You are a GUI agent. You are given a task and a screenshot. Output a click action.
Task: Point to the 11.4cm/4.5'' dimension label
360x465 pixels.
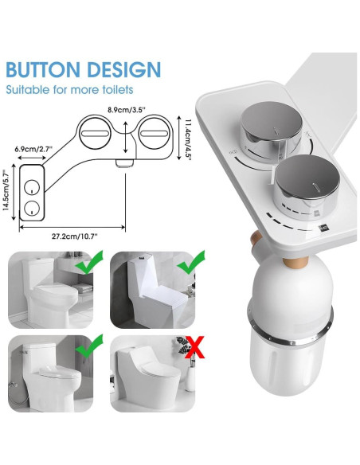188,138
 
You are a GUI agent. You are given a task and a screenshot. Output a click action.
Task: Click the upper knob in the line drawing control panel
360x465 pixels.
29,186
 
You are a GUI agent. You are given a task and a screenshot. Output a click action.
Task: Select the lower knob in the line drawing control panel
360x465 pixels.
29,209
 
